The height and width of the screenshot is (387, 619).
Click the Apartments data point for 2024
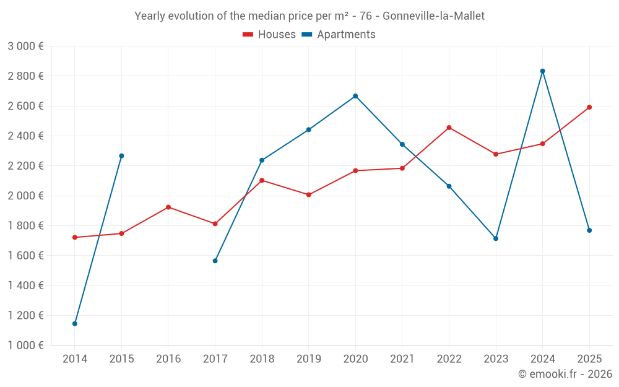(x=542, y=71)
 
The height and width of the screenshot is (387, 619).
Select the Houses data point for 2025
(x=589, y=107)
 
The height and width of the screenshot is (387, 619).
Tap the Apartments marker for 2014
(x=75, y=323)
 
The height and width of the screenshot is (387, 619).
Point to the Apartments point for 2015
(x=121, y=156)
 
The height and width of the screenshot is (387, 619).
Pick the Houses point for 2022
(x=449, y=128)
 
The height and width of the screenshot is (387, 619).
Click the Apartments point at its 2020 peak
(x=355, y=96)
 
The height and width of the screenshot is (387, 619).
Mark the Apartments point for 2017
(x=215, y=261)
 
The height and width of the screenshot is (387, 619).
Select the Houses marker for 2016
(x=168, y=207)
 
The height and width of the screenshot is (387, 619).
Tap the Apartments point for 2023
(x=496, y=238)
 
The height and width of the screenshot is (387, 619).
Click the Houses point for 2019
(x=308, y=194)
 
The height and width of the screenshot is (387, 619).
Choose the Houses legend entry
(x=269, y=35)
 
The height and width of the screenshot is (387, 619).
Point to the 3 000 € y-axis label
(x=25, y=46)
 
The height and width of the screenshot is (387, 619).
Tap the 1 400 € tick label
(x=25, y=285)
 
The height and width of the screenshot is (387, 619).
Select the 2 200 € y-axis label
(x=25, y=166)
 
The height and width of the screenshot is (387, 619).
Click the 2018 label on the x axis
(x=262, y=359)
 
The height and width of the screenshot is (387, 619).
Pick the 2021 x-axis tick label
(x=402, y=359)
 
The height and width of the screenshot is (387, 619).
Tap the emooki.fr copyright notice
(x=565, y=374)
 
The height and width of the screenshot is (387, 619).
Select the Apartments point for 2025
(x=589, y=230)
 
